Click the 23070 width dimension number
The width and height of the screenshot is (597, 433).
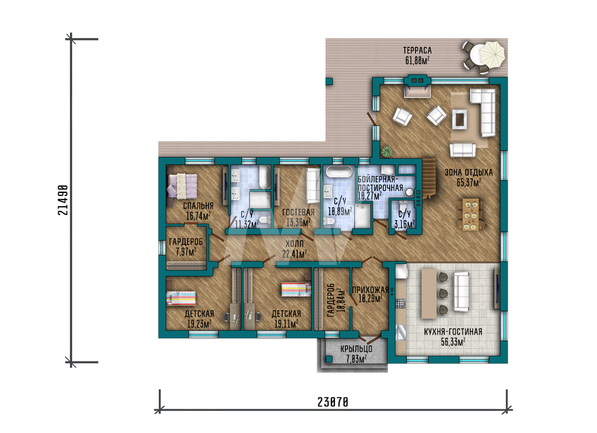pos(333,402)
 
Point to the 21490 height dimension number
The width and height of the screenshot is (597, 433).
pos(63,200)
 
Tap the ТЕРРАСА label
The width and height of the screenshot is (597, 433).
pos(417,50)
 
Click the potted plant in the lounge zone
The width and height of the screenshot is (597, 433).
pos(386,152)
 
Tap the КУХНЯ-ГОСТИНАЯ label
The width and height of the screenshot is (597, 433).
pos(453,331)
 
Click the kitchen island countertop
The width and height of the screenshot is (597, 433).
pos(429,294)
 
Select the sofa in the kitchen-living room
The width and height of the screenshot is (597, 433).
pos(461,291)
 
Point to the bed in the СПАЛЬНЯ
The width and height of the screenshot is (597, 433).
pos(181,186)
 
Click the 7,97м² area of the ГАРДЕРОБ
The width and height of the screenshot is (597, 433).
pos(186,251)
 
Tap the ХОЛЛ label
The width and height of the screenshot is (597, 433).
pos(294,243)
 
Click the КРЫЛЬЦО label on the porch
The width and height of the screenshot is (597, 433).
pos(356,348)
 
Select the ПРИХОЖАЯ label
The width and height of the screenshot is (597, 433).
pos(370,290)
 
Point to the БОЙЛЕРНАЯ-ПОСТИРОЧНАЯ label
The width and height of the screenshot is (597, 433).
pos(380,183)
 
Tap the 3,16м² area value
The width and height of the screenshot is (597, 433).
pos(404,225)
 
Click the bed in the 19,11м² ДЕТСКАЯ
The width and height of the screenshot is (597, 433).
pos(296,289)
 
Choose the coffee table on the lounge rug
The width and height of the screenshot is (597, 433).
pos(460,119)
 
